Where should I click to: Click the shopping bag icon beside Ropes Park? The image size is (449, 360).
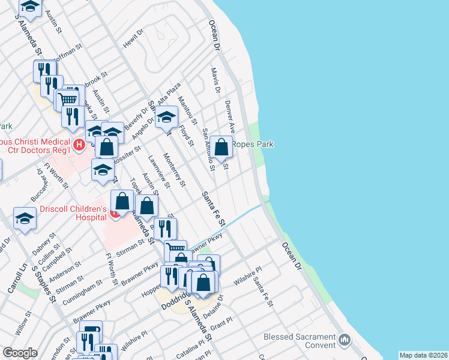(221, 146)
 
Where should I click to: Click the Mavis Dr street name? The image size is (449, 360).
(215, 80)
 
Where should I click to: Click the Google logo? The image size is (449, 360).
(20, 353)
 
